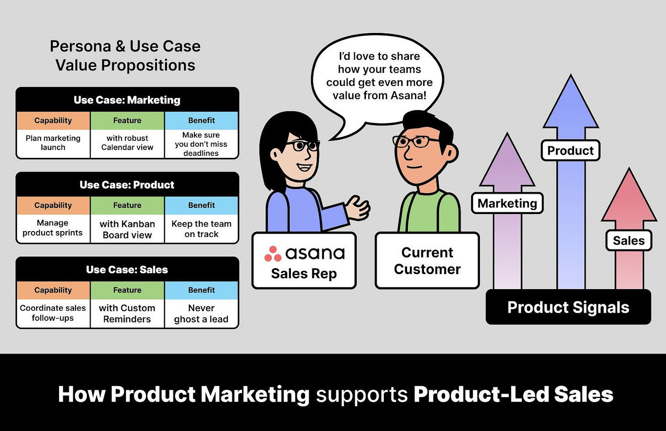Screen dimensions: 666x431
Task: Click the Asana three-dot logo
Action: point(273,254)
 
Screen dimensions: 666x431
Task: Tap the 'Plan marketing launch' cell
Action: point(53,143)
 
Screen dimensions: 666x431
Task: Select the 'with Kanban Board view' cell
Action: point(127,229)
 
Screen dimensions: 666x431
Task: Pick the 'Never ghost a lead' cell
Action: point(201,313)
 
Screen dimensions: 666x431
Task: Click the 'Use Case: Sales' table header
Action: point(127,269)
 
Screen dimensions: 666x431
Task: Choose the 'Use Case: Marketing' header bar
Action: point(127,100)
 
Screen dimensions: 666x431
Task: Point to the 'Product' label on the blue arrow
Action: point(570,151)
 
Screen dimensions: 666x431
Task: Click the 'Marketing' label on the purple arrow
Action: point(507,203)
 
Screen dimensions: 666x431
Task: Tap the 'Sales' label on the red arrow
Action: point(628,241)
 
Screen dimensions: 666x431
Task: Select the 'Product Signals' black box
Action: point(568,307)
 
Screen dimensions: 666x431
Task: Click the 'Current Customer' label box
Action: point(427,261)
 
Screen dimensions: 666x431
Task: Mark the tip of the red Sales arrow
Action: point(629,170)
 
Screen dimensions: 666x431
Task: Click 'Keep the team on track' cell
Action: point(201,229)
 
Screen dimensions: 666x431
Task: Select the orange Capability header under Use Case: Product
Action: point(53,205)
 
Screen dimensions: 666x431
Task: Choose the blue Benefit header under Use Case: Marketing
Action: point(201,121)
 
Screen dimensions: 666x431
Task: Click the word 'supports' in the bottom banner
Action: point(361,394)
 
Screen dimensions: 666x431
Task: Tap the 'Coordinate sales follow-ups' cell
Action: point(53,313)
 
